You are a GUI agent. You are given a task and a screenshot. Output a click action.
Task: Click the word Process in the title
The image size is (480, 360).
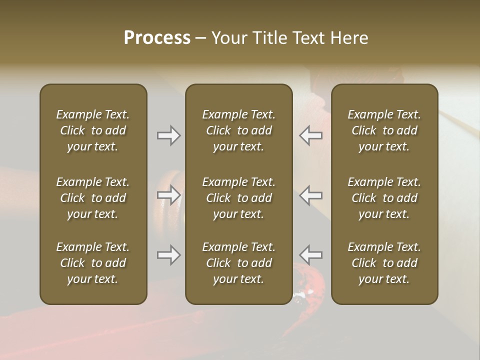click(x=157, y=38)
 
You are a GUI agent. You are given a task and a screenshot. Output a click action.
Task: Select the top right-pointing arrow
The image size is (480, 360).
click(x=169, y=135)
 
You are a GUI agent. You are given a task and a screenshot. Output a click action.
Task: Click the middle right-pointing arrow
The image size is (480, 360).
click(x=169, y=195)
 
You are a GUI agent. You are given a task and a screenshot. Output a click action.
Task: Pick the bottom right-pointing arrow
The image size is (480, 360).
click(x=169, y=255)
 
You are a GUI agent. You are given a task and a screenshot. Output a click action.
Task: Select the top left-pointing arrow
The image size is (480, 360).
click(x=310, y=135)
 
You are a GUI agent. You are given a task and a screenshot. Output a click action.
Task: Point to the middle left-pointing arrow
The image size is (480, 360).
click(x=310, y=195)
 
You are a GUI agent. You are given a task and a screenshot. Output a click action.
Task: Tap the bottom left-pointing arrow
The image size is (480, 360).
click(x=310, y=255)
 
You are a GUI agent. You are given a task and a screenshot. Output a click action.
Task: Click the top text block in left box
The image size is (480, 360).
click(x=93, y=130)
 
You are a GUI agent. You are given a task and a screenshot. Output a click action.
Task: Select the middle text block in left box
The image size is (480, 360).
click(x=93, y=198)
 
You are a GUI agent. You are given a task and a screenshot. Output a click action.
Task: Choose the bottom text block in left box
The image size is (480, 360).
click(x=93, y=263)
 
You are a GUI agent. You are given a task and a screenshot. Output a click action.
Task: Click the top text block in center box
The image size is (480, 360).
click(x=238, y=130)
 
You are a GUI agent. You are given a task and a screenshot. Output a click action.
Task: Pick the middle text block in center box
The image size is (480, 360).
click(x=238, y=198)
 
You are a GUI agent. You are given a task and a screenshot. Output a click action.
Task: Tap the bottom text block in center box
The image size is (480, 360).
click(x=238, y=263)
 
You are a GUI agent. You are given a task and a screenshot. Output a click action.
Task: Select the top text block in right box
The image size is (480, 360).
click(x=384, y=130)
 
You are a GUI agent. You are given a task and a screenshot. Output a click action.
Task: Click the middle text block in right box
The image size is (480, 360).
click(x=384, y=198)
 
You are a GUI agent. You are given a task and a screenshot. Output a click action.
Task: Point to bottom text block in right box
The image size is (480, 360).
click(x=384, y=263)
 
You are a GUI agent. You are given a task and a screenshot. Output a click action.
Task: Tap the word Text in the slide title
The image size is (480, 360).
click(x=308, y=38)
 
